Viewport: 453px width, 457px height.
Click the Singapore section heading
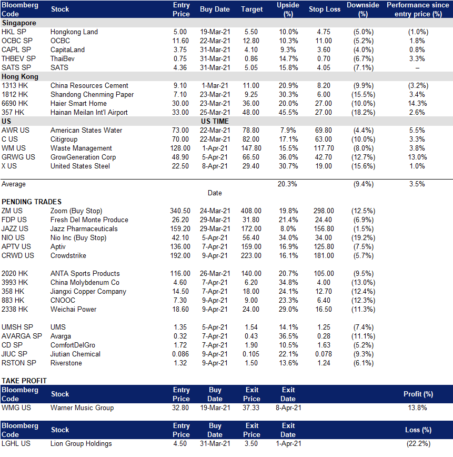(x=19, y=23)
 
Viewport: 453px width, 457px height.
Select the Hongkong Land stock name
(x=74, y=32)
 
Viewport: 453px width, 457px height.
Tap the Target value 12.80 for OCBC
(x=251, y=41)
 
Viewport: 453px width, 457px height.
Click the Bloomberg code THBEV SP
(x=18, y=58)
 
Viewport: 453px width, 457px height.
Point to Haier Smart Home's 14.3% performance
(x=417, y=104)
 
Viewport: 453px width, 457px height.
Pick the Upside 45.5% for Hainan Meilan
(x=288, y=112)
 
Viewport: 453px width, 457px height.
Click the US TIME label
(x=215, y=121)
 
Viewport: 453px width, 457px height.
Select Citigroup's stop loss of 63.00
(x=324, y=140)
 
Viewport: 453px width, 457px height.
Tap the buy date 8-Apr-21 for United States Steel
(x=215, y=166)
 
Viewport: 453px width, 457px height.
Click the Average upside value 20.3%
(x=287, y=184)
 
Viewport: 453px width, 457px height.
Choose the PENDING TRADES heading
(x=32, y=202)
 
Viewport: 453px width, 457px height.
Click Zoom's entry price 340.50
(x=180, y=211)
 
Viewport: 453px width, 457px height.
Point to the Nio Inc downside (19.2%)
(x=363, y=238)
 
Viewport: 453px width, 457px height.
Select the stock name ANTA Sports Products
(x=85, y=273)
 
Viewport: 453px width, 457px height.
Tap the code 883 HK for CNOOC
(x=13, y=300)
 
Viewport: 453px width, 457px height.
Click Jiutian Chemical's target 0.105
(x=250, y=354)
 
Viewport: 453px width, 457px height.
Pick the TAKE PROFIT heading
(x=24, y=381)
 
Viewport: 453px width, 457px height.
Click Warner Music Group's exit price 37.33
(x=251, y=408)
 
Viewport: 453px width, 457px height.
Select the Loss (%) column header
(x=418, y=430)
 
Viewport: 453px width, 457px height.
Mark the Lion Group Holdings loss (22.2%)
(x=418, y=444)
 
